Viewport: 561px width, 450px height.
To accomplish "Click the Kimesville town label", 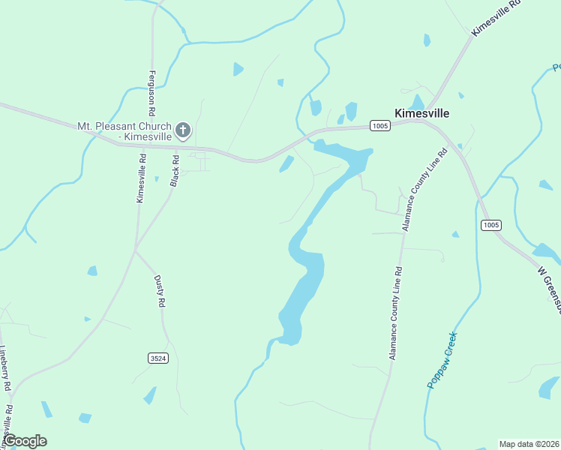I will [x=421, y=113].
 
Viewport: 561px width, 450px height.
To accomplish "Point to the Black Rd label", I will [x=175, y=171].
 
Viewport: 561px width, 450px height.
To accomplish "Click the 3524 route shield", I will [x=157, y=358].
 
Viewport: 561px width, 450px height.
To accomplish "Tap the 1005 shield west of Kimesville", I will [x=380, y=126].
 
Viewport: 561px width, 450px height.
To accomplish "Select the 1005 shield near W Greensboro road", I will [x=491, y=225].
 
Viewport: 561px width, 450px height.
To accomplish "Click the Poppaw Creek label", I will [x=442, y=360].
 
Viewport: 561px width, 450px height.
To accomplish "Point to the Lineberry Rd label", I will [x=6, y=367].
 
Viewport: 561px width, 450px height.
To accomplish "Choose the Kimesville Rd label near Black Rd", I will [x=140, y=178].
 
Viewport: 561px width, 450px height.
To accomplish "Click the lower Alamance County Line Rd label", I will [x=395, y=313].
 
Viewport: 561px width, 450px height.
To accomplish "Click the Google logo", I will [x=25, y=441].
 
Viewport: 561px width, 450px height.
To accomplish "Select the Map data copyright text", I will [x=529, y=444].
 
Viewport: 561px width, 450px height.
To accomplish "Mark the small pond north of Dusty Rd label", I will [x=91, y=271].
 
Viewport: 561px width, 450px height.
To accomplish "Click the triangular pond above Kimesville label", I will [x=417, y=102].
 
